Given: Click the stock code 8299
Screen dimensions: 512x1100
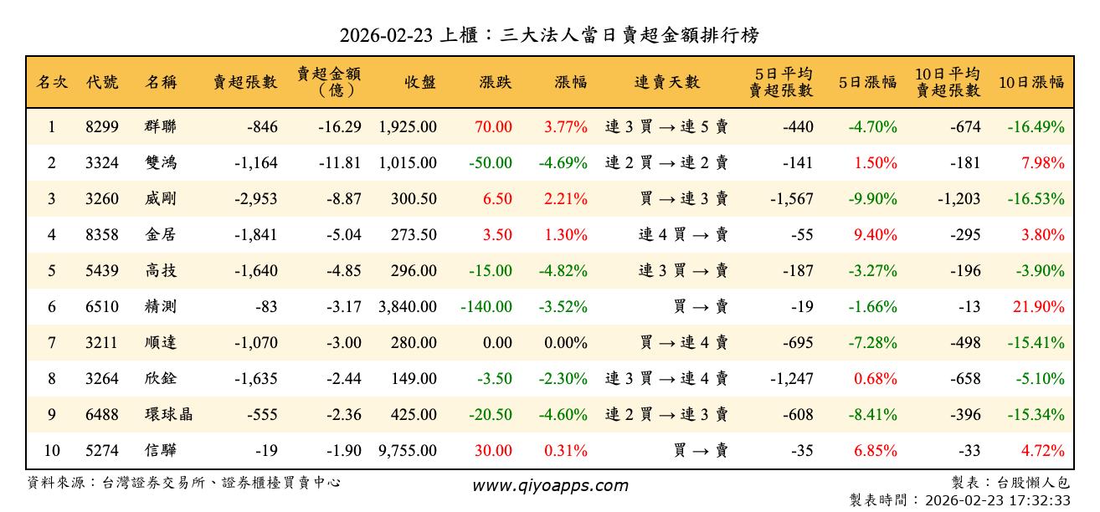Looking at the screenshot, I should point(102,127).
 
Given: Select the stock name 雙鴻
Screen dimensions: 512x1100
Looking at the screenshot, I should point(160,163).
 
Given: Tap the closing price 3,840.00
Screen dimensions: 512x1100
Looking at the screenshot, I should point(408,307).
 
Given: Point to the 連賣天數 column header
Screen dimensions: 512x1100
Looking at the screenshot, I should point(666,82).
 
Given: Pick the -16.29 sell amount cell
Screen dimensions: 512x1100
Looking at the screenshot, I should point(340,127).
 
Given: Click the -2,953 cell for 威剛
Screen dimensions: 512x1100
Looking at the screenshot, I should point(256,199).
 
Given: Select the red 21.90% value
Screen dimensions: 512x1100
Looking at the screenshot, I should point(1038,307).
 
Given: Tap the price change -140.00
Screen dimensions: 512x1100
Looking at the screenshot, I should point(486,307).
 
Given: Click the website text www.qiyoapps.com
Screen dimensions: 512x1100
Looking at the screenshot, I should point(550,485).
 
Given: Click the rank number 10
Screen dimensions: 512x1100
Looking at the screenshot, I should point(52,451).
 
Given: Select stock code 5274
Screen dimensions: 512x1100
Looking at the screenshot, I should point(102,451).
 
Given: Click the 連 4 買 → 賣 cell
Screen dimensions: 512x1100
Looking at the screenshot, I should point(683,235).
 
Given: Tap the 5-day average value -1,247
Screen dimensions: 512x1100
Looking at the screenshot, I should point(791,379).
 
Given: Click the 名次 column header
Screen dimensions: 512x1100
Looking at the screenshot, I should point(52,82).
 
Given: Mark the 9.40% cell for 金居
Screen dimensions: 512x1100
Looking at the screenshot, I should point(876,235).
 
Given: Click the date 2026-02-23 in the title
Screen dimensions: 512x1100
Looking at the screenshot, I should point(387,35).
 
